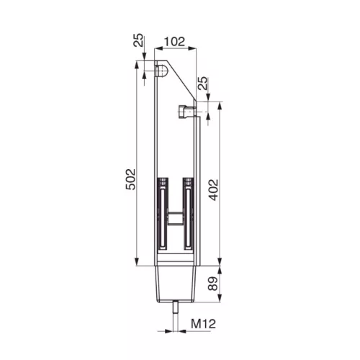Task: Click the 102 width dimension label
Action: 174,42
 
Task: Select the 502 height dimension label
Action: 131,179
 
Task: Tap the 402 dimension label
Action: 213,190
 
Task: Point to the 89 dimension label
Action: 212,284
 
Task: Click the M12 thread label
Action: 203,324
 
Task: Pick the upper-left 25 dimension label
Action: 138,40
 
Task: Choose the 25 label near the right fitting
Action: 202,83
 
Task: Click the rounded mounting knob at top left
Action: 161,71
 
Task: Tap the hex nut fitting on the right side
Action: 186,112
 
